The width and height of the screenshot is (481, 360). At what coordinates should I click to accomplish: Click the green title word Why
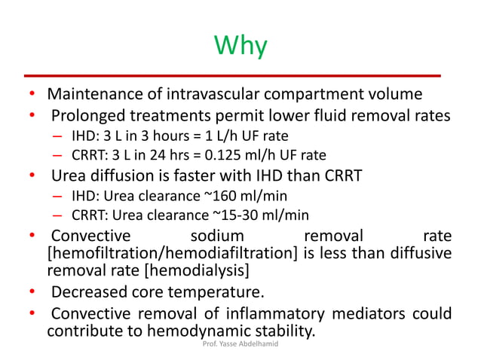[240, 46]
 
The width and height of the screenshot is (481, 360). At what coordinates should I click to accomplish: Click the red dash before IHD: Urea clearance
[58, 196]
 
